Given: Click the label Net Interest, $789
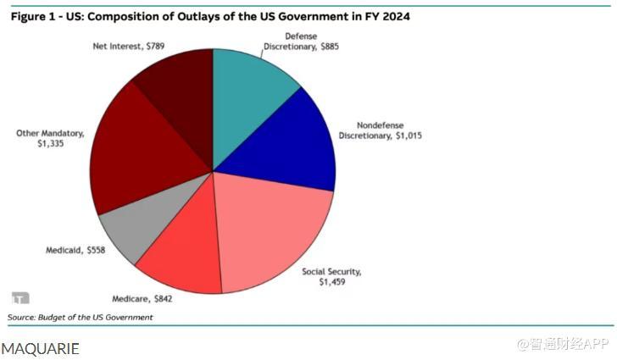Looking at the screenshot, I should tap(128, 44).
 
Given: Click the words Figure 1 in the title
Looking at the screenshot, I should tap(35, 15).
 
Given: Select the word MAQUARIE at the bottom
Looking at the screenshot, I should tap(41, 347).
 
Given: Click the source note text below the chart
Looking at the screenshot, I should tap(81, 317).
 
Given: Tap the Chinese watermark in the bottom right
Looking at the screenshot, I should tap(563, 345).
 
